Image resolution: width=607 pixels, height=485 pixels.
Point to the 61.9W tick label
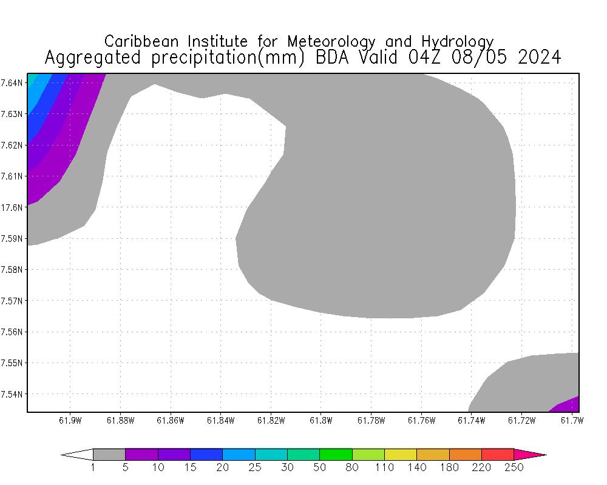[x=70, y=420]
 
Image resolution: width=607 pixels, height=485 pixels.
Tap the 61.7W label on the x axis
[x=571, y=420]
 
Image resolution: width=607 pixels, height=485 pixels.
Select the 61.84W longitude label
[x=220, y=420]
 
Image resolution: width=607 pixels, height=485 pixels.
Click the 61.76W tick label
[x=421, y=420]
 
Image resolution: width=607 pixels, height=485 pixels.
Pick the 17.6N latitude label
[x=12, y=207]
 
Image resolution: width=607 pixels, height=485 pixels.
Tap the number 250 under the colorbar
[x=514, y=467]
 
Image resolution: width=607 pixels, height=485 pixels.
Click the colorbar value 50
[x=320, y=467]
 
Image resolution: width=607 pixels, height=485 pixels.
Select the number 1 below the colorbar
[x=93, y=467]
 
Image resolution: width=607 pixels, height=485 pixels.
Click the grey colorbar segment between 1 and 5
[x=109, y=454]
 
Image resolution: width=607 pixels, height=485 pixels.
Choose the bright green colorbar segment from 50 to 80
[x=336, y=454]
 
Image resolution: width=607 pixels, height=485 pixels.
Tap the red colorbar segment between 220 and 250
[x=498, y=454]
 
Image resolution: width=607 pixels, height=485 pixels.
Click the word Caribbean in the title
[x=143, y=41]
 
